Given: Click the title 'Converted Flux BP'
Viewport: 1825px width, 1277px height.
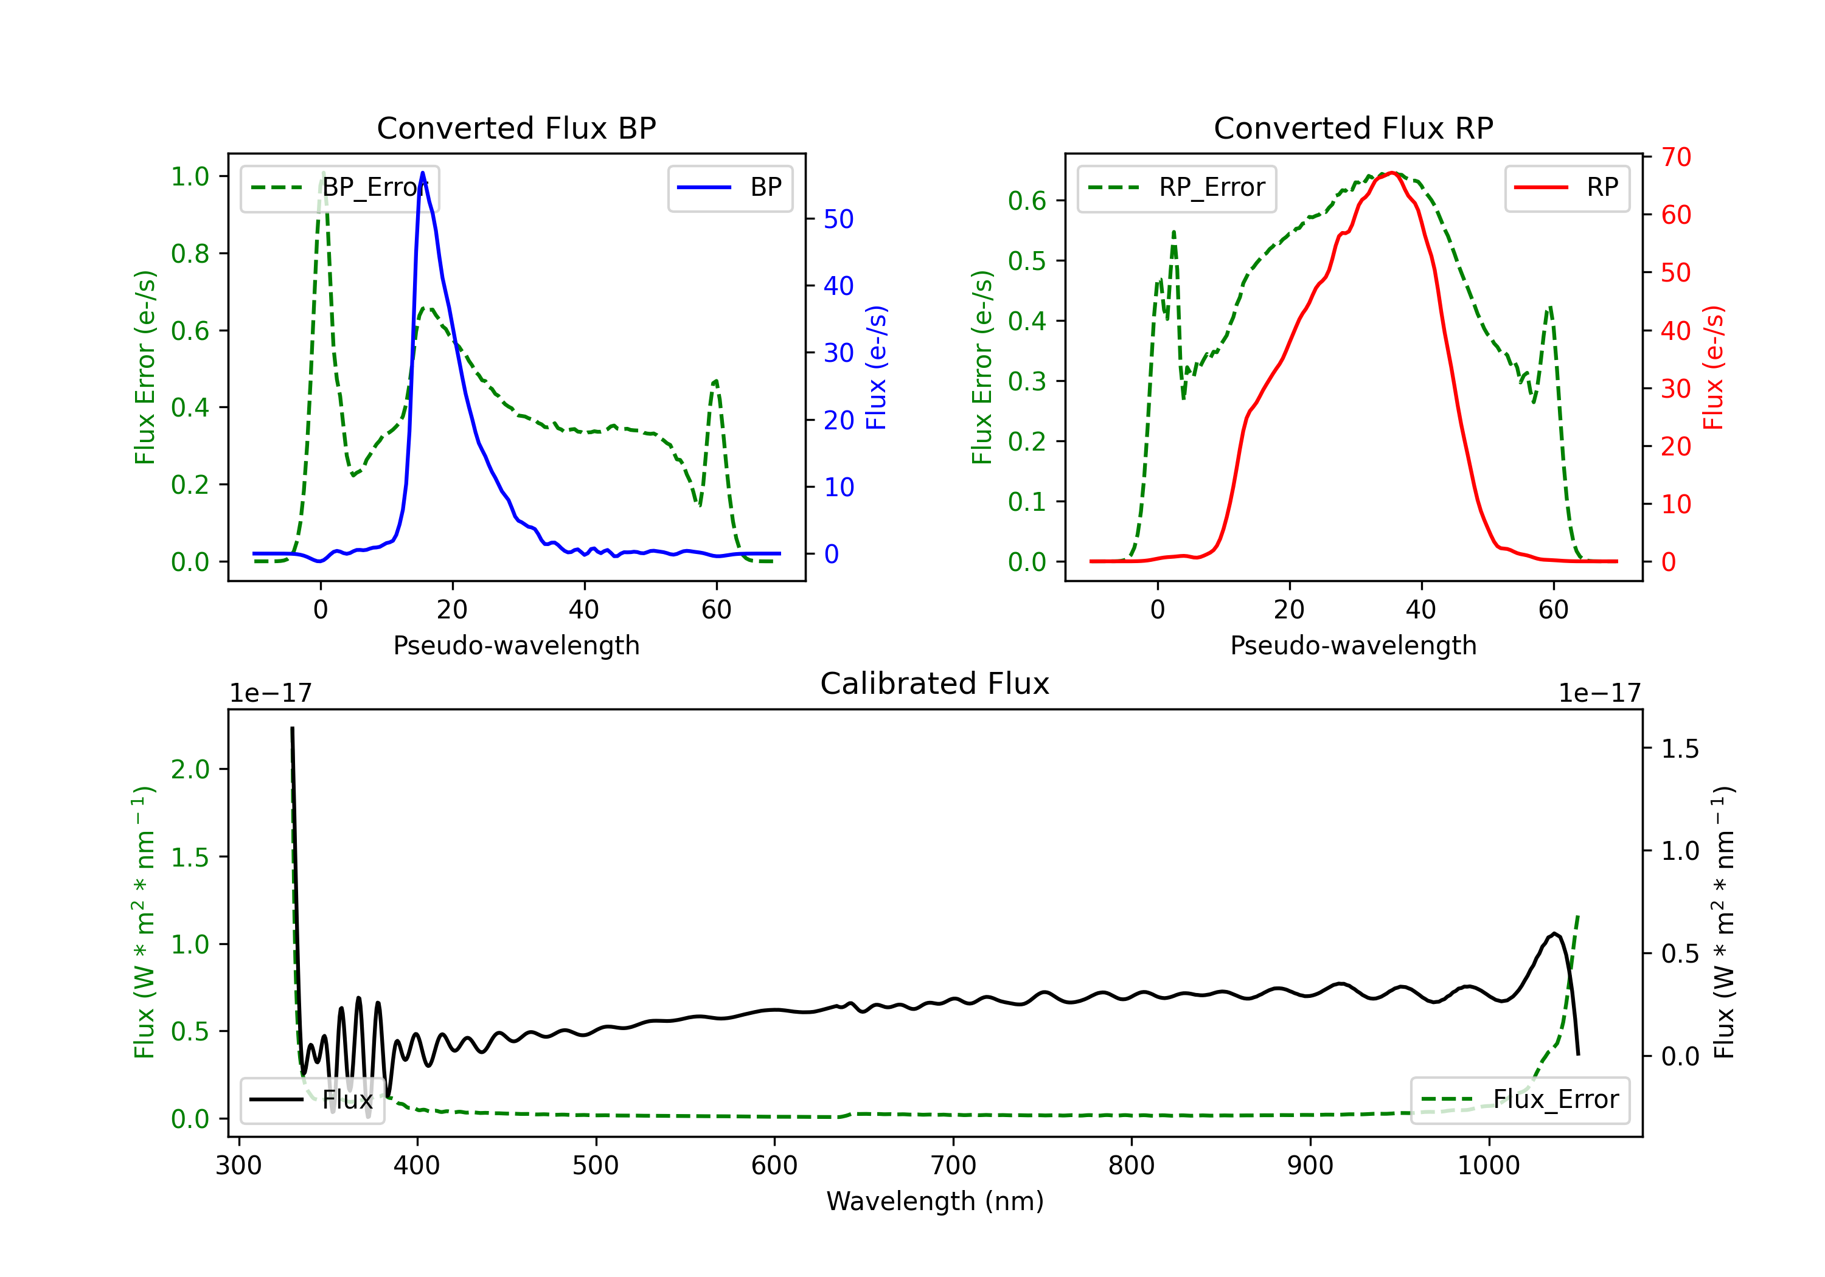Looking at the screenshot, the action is (516, 128).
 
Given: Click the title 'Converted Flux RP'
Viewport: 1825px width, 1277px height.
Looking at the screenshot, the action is (1354, 128).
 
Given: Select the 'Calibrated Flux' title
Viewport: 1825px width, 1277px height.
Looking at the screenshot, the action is (935, 683).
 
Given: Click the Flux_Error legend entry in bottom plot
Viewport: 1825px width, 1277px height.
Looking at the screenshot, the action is (1520, 1100).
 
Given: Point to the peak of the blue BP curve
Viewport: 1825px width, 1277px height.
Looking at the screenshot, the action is (423, 173).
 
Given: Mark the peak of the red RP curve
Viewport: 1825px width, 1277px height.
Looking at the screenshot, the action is (1392, 173).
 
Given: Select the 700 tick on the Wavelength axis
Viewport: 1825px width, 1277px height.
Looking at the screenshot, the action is (953, 1166).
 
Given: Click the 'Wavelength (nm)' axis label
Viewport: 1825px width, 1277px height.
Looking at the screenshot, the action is (935, 1201).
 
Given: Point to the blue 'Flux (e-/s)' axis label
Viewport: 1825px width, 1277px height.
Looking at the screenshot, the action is (876, 368).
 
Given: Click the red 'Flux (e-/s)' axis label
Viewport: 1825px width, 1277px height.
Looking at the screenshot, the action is (1714, 368).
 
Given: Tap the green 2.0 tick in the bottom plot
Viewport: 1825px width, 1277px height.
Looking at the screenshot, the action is (191, 769).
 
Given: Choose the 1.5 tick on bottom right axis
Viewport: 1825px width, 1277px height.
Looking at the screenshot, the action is (1680, 749).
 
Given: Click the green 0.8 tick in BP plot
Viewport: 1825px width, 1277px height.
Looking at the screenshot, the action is (191, 254).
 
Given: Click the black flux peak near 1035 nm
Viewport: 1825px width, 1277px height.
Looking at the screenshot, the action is (1554, 933).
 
